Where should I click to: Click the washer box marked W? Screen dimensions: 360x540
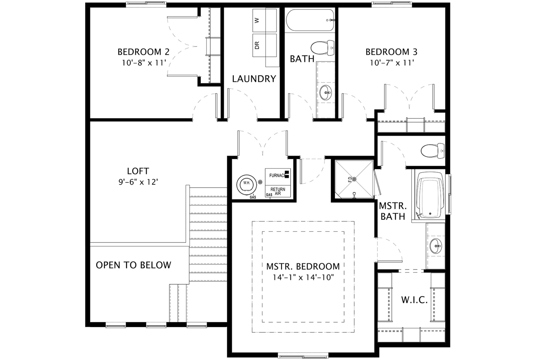tap(264, 20)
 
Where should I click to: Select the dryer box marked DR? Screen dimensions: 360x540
tap(264, 45)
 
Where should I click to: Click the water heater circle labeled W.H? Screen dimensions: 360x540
tap(247, 183)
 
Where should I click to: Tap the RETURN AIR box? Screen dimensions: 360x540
tap(278, 191)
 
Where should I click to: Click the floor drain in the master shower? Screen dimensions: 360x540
tap(354, 179)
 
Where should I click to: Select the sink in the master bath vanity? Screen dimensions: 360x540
tap(435, 246)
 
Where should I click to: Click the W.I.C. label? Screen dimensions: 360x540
tap(414, 300)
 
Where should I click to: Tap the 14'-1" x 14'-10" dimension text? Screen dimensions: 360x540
tap(303, 277)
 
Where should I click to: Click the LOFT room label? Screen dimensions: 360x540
tap(138, 171)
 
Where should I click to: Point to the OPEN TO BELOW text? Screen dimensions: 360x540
tap(133, 265)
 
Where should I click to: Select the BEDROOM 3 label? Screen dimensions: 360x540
tap(391, 52)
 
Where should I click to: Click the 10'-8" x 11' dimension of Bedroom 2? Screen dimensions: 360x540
tap(144, 63)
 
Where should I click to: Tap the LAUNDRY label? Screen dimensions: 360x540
tap(254, 79)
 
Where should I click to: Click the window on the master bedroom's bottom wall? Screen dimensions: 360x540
tap(303, 357)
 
